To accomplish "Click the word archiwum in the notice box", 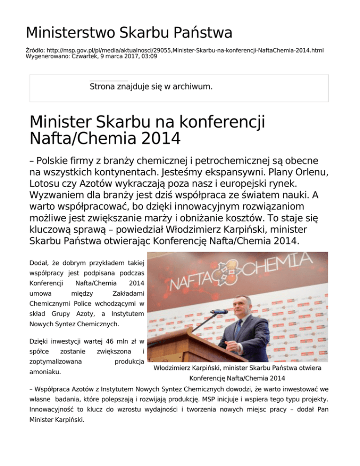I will (x=192, y=87).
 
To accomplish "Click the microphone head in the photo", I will (x=219, y=311).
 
